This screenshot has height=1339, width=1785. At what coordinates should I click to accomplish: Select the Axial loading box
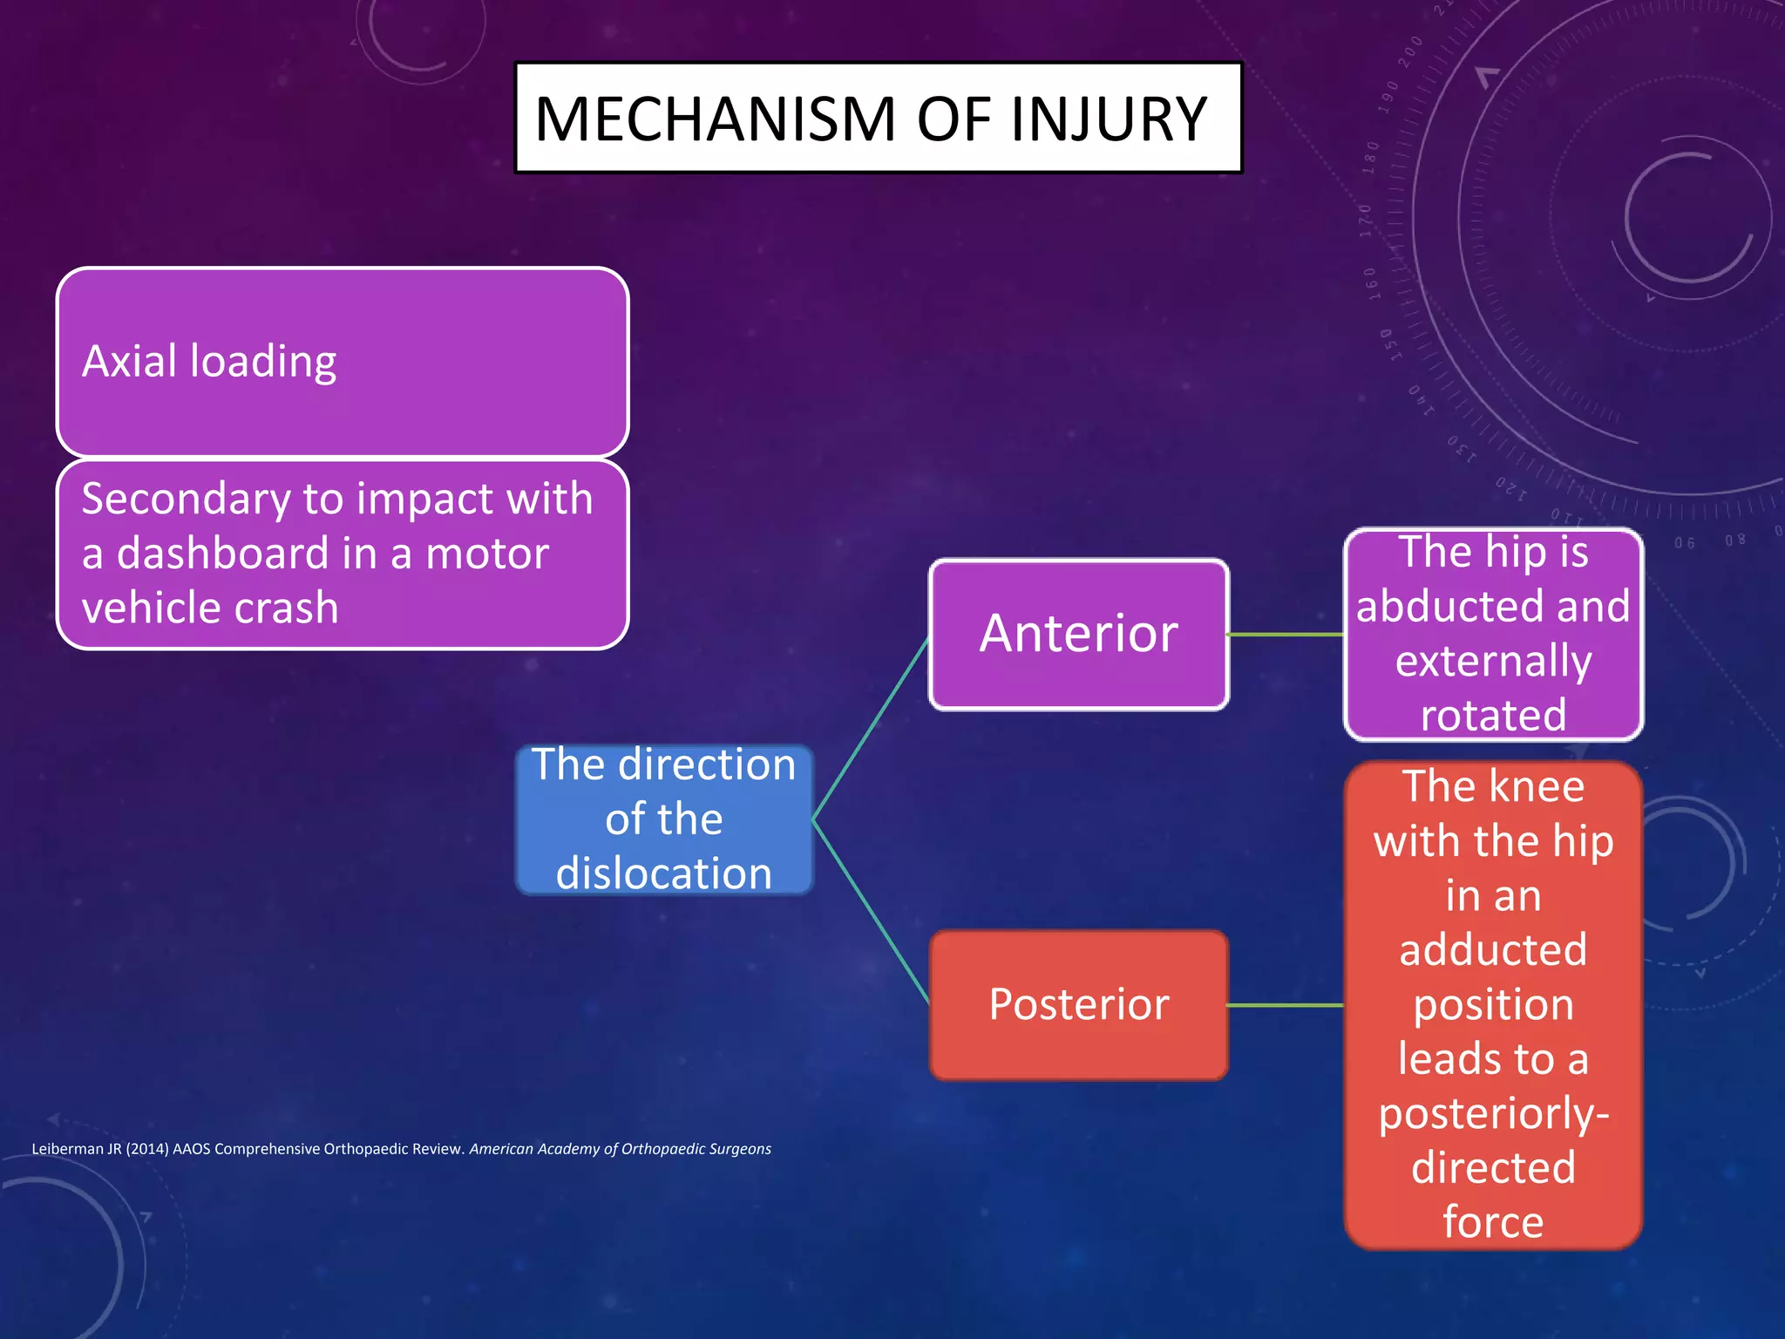pos(342,362)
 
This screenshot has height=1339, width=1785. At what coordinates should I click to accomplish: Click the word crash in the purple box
pos(287,608)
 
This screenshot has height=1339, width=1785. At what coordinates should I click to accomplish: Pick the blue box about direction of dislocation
pos(664,819)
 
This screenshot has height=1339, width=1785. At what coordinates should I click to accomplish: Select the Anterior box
pos(1079,634)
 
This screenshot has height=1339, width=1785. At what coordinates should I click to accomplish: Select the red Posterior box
pos(1079,1004)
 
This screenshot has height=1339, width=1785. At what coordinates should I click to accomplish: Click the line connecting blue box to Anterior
pos(870,729)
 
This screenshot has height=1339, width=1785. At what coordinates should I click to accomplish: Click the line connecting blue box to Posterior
pos(870,911)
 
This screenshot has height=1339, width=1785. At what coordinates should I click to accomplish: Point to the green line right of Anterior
pos(1286,635)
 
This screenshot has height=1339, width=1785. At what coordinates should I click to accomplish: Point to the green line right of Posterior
pos(1286,1005)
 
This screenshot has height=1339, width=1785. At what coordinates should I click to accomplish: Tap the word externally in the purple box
pos(1493,662)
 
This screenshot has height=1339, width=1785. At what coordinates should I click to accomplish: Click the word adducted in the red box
pos(1493,950)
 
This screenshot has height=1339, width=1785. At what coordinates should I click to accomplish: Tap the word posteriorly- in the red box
pos(1493,1114)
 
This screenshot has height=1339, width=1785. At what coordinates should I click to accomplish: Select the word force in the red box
pos(1493,1222)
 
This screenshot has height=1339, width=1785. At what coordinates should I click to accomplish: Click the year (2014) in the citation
pos(146,1149)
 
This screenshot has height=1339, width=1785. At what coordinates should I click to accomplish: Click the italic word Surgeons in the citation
pos(740,1149)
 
